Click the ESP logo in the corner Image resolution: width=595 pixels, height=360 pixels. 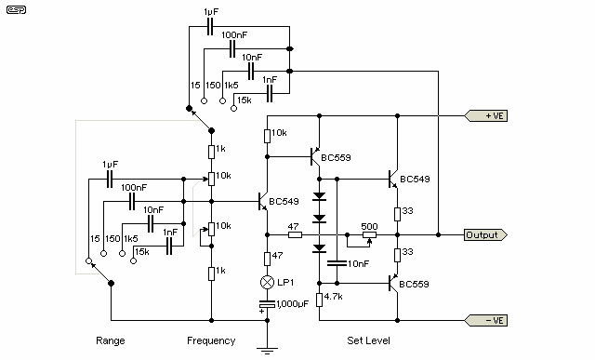click(x=16, y=10)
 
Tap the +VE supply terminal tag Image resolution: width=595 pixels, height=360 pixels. click(x=485, y=116)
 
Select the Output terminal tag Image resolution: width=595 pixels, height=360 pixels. click(x=485, y=234)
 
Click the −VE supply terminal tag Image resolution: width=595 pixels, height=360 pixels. click(x=485, y=320)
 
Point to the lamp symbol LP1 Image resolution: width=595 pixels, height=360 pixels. click(x=267, y=282)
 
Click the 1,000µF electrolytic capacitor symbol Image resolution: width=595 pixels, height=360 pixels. click(x=267, y=304)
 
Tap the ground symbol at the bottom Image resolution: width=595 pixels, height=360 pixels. click(x=267, y=350)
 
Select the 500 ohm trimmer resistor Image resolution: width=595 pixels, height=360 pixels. click(x=370, y=234)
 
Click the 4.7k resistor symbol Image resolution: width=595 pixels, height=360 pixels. click(x=320, y=300)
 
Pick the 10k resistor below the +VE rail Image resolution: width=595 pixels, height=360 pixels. click(x=267, y=136)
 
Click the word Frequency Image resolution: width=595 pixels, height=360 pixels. click(x=211, y=340)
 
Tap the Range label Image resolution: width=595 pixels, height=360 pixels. click(x=111, y=340)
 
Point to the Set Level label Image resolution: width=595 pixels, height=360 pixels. click(x=368, y=340)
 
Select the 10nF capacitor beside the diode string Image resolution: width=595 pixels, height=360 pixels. click(x=337, y=263)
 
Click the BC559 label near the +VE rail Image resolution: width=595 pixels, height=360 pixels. click(x=336, y=157)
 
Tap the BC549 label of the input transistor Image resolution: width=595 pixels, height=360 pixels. click(x=284, y=201)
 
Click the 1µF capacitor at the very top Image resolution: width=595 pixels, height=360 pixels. click(x=210, y=27)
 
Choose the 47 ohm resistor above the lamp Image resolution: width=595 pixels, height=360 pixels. click(x=267, y=259)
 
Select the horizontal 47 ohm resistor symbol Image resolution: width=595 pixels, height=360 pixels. click(x=296, y=234)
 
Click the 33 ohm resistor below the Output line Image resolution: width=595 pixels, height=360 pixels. click(x=397, y=255)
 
